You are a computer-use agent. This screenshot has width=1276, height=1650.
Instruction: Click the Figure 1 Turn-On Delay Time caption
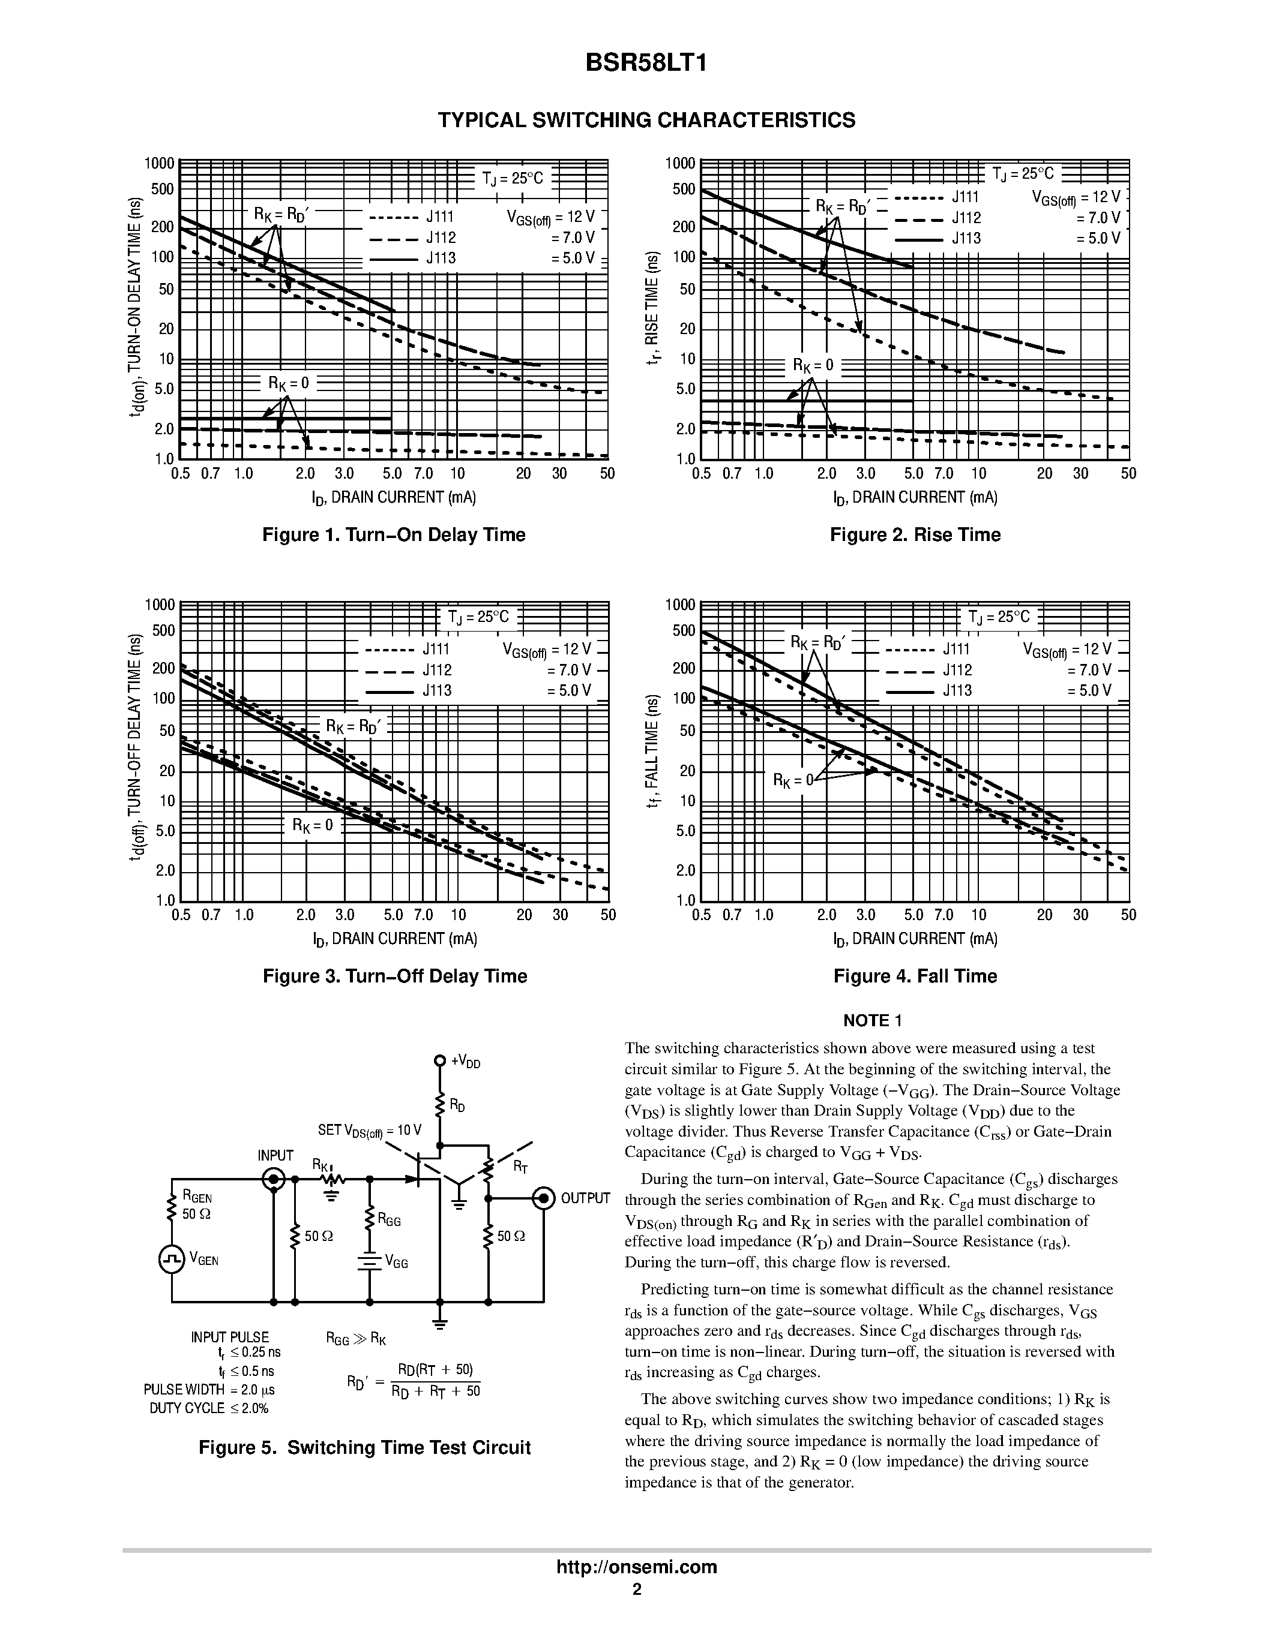[x=393, y=535]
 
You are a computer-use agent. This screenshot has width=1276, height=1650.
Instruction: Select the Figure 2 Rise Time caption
[x=915, y=535]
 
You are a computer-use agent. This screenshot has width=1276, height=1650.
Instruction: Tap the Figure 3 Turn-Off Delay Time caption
[x=394, y=976]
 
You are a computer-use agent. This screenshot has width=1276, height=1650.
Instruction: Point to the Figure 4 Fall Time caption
[x=915, y=976]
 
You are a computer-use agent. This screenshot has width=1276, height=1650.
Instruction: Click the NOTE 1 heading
[x=872, y=1021]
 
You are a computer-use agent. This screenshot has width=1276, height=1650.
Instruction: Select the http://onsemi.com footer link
[x=636, y=1567]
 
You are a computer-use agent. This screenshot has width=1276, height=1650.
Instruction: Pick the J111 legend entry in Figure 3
[x=436, y=650]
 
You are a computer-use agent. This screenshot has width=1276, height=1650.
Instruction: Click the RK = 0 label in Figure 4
[x=792, y=780]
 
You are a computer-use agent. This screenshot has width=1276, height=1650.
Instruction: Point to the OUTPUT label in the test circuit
[x=585, y=1198]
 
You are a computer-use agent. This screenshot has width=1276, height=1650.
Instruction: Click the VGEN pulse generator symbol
[x=172, y=1259]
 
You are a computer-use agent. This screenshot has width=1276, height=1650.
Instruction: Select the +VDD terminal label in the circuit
[x=465, y=1062]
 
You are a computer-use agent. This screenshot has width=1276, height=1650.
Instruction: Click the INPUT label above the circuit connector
[x=275, y=1155]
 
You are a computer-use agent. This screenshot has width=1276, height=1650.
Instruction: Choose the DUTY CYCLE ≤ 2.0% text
[x=209, y=1408]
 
